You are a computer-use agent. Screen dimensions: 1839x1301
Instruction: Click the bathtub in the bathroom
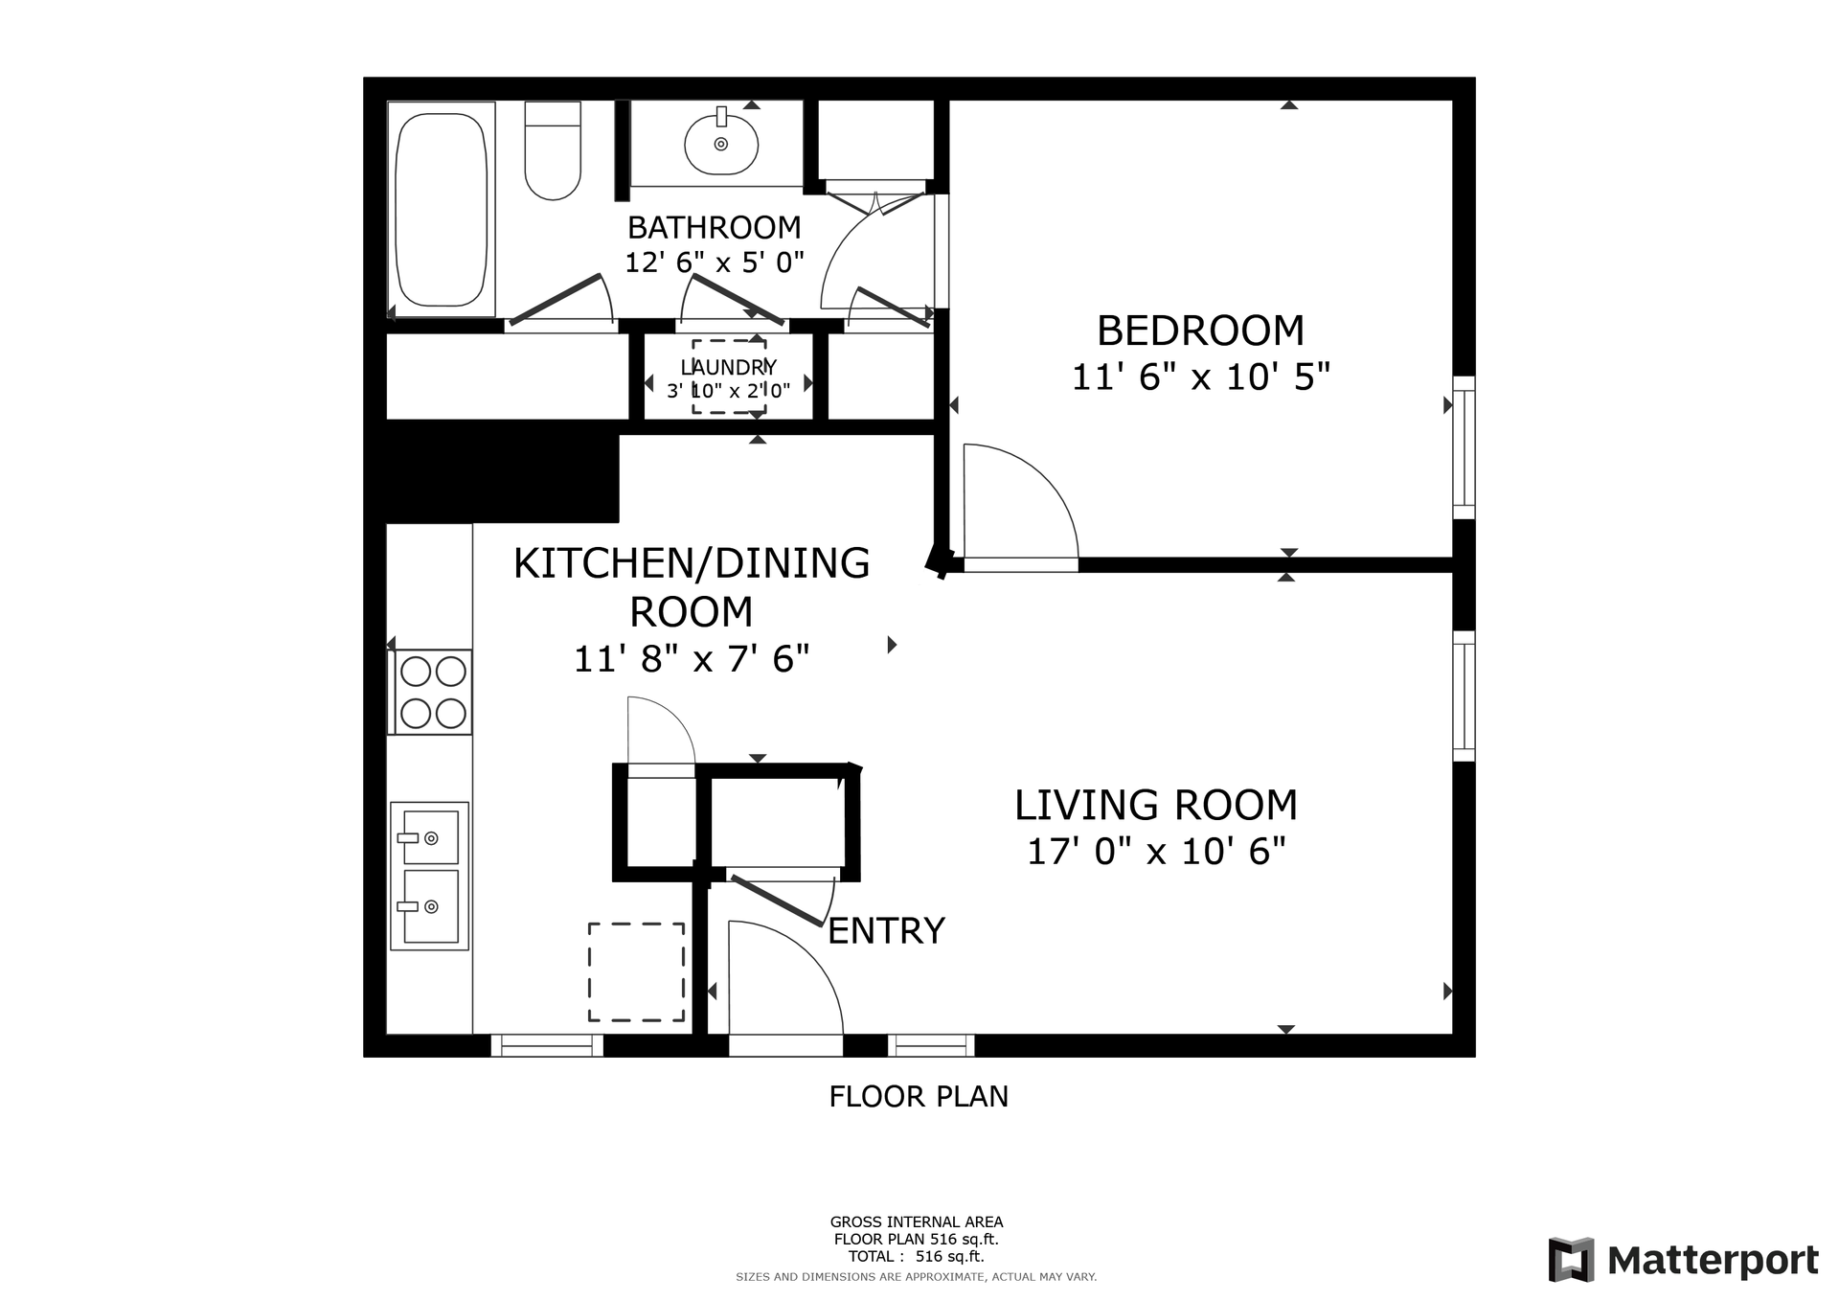[x=442, y=209]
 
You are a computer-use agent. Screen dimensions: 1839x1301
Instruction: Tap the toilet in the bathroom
[x=553, y=150]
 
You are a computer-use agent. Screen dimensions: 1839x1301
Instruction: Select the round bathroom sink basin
[x=721, y=144]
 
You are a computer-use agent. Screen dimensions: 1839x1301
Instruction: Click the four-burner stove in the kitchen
[x=431, y=692]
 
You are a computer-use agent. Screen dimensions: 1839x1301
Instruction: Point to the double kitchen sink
[x=429, y=876]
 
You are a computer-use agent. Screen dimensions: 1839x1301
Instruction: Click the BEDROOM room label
[x=1200, y=331]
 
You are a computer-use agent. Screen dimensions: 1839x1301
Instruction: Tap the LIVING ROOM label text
[x=1156, y=805]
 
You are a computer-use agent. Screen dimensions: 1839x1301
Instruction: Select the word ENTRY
[x=886, y=930]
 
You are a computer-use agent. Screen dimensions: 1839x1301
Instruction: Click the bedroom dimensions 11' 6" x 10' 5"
[x=1200, y=377]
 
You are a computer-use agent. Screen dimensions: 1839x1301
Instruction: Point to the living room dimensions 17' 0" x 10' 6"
[x=1156, y=851]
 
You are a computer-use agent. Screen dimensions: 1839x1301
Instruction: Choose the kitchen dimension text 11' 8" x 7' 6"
[x=692, y=659]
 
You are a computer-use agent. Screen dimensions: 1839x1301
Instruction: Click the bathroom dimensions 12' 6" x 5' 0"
[x=714, y=262]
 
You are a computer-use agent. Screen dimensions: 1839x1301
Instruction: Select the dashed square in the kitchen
[x=636, y=971]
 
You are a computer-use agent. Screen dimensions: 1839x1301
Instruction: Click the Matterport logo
[x=1684, y=1260]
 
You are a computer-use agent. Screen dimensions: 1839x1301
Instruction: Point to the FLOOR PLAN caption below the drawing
[x=919, y=1096]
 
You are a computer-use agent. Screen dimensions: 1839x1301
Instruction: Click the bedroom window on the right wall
[x=1464, y=447]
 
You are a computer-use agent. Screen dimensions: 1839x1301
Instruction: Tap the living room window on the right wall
[x=1464, y=696]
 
